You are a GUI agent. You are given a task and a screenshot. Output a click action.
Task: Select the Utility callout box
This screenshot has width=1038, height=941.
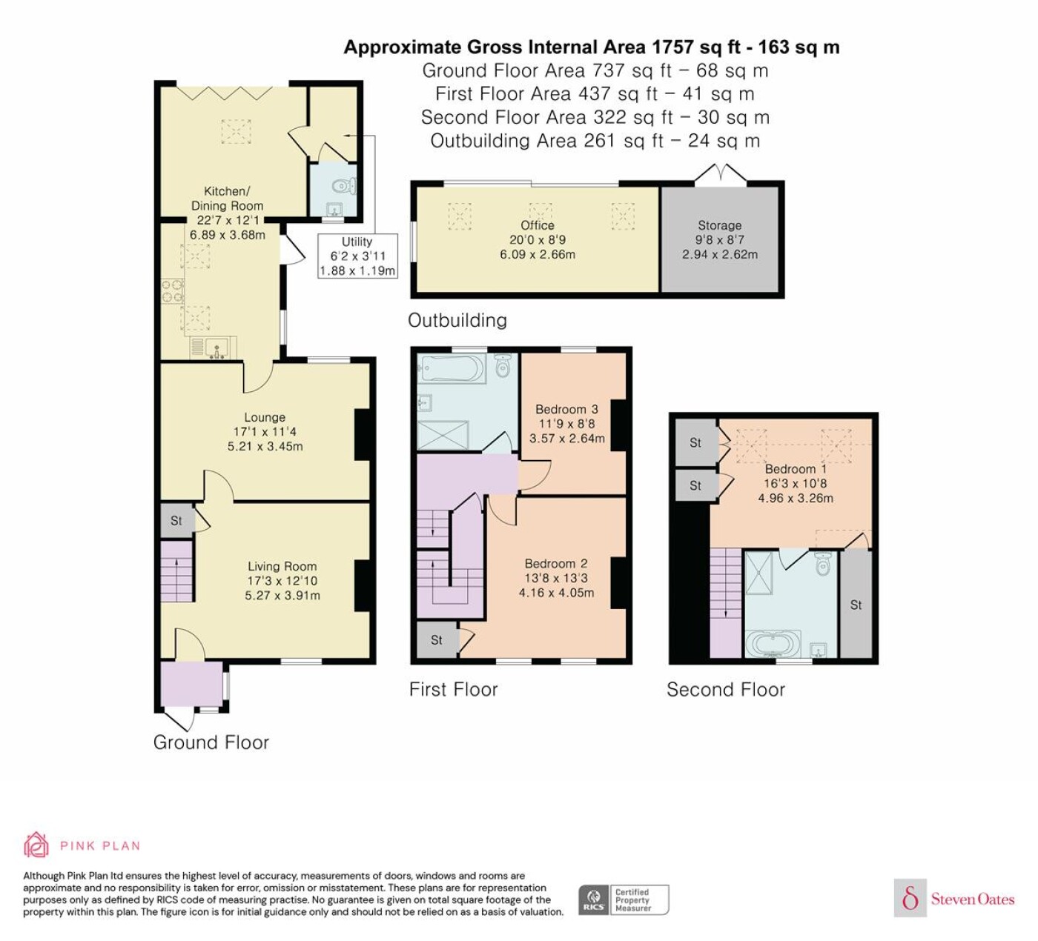[x=357, y=256]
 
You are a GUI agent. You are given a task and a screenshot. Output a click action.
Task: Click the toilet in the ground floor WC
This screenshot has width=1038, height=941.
[x=345, y=185]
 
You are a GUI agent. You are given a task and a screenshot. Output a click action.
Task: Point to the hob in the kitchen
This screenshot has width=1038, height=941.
[x=172, y=290]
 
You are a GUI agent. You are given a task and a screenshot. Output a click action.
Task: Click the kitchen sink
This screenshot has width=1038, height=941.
[x=214, y=347]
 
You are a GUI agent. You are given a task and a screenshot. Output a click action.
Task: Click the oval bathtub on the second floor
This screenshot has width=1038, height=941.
[x=773, y=644]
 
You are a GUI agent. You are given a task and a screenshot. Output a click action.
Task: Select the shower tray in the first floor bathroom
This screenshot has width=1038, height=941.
[x=443, y=436]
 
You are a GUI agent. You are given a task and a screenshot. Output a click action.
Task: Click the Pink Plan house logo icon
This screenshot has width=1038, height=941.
[x=36, y=845]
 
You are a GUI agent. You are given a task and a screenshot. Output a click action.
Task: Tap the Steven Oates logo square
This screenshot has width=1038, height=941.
[x=910, y=898]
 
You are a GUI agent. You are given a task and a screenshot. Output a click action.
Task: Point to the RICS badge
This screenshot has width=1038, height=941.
[x=624, y=900]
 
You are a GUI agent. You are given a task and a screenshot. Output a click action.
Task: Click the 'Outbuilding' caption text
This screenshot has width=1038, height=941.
[x=457, y=320]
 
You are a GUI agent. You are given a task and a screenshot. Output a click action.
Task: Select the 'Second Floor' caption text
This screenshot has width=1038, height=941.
[x=725, y=690]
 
